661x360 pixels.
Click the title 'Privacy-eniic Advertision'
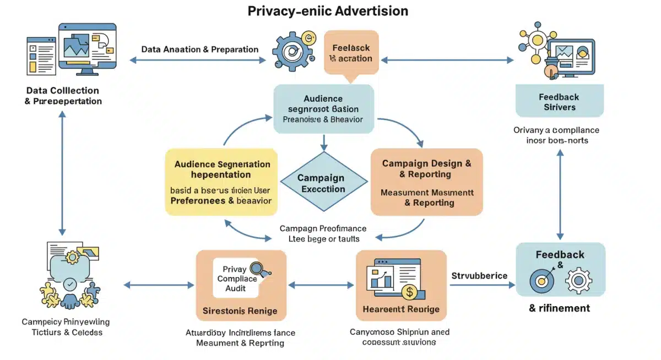328,11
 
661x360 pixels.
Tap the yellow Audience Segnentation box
221,182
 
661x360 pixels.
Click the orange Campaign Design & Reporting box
426,182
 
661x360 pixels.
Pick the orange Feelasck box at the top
351,53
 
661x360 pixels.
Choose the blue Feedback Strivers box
559,102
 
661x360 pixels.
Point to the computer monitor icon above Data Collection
88,48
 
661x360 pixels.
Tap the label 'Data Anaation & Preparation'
199,50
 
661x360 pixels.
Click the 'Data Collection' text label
62,90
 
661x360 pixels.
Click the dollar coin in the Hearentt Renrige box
409,291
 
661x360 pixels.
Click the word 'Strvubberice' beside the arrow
479,276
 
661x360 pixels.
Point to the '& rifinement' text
559,308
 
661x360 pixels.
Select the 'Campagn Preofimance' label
323,228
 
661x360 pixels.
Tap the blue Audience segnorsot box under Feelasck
324,108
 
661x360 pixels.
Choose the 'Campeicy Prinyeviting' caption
66,322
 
